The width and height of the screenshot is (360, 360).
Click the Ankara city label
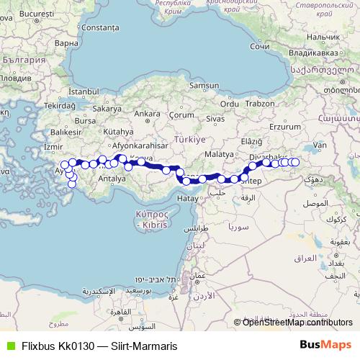click(147, 114)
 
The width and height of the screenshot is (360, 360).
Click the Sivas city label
click(216, 117)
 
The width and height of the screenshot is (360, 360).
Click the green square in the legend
click(9, 346)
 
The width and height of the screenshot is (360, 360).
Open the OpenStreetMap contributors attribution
click(297, 322)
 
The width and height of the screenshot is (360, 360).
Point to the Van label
click(321, 145)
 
